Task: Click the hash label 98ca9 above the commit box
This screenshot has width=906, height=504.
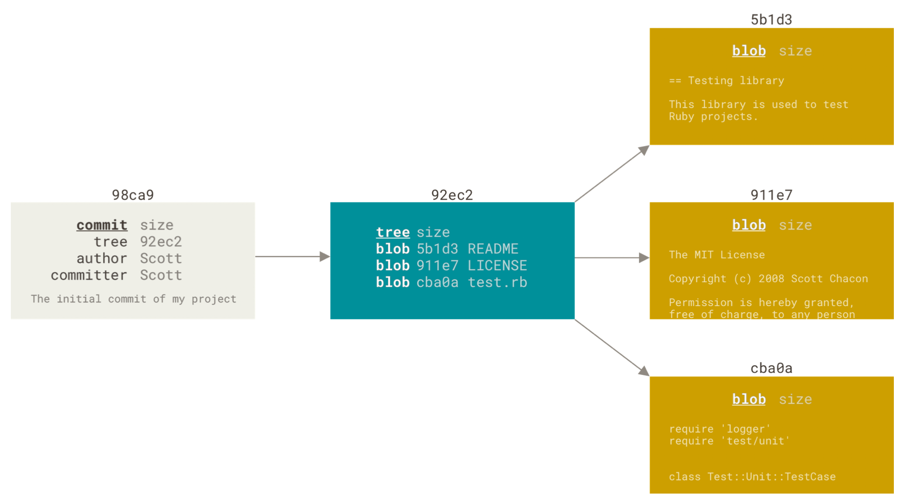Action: tap(133, 195)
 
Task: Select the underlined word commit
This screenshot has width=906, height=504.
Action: tap(102, 225)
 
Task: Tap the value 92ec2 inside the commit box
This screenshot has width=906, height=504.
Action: tap(161, 242)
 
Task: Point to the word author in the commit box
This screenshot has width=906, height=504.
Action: tap(102, 259)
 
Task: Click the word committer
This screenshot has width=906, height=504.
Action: tap(89, 275)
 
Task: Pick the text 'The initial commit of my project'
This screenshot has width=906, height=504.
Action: tap(134, 299)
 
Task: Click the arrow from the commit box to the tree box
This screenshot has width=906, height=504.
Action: tap(292, 256)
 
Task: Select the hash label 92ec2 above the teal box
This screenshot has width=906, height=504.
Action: tap(452, 195)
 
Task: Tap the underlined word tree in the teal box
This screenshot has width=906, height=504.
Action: tap(393, 232)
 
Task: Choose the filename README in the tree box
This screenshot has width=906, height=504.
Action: tap(493, 249)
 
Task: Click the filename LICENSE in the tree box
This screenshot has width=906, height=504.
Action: tap(497, 265)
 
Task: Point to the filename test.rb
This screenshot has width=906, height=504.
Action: tap(497, 282)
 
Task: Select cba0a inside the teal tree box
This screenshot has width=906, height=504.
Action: tap(437, 282)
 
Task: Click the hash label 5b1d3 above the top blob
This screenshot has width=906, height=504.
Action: tap(771, 20)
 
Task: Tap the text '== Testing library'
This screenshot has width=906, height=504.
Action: tap(727, 81)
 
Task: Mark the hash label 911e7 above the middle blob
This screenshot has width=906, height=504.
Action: tap(771, 195)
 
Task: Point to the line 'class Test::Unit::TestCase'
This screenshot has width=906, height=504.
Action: tap(752, 477)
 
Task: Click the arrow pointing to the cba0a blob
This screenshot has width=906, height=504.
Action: tap(612, 348)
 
